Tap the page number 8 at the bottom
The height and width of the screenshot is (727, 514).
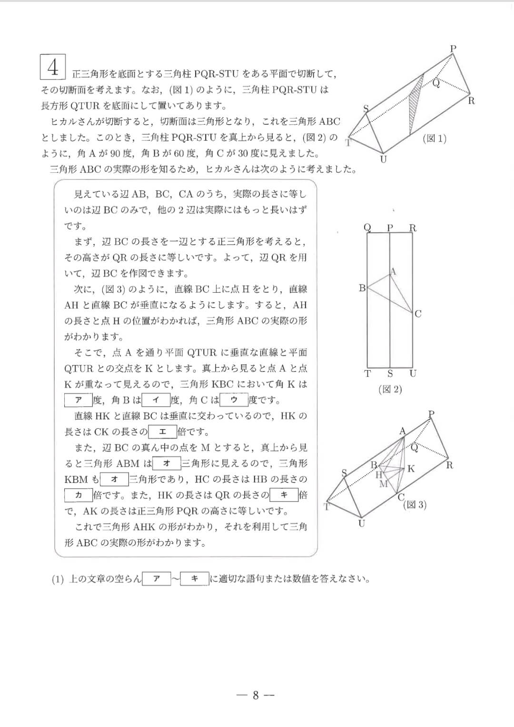click(256, 695)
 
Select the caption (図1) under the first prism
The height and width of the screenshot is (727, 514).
click(435, 138)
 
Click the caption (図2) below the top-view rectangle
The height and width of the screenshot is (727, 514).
click(390, 389)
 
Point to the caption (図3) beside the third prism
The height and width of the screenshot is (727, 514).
click(415, 505)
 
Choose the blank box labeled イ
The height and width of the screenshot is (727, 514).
click(155, 400)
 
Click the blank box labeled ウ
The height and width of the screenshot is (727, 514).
click(234, 400)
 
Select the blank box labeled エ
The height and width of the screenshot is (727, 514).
click(162, 432)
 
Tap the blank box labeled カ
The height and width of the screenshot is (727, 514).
click(79, 495)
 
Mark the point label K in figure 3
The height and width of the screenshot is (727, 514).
click(411, 469)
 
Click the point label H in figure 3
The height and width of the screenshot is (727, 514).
click(379, 475)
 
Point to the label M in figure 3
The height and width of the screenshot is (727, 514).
click(384, 484)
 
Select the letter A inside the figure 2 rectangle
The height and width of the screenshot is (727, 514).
click(393, 271)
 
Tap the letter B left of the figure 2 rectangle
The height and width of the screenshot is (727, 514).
click(362, 288)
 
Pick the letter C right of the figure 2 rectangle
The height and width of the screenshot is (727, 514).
click(418, 314)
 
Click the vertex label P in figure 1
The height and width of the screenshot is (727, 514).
click(453, 48)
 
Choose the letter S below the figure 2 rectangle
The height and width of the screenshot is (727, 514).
click(390, 374)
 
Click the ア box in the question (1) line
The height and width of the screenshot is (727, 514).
click(156, 579)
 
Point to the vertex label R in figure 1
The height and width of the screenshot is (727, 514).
click(471, 100)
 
